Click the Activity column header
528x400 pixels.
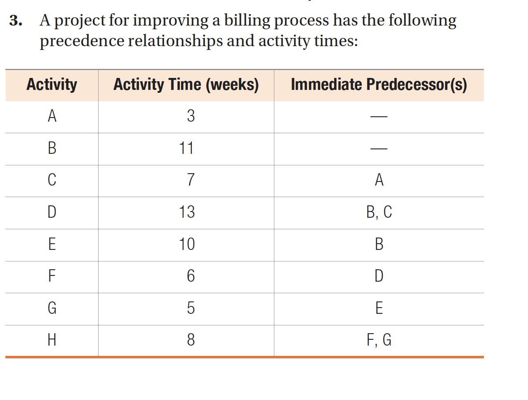[52, 85]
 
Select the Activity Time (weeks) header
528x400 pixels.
[186, 85]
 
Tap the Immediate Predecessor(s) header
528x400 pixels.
[379, 85]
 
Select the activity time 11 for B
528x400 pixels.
[186, 148]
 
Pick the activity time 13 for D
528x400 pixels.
[187, 212]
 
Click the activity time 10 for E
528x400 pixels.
[187, 244]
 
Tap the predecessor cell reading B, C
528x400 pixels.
[379, 212]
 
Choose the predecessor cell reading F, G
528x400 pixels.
[379, 340]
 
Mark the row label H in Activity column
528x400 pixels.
[52, 340]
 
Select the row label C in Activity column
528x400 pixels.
[52, 180]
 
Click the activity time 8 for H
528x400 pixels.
[191, 340]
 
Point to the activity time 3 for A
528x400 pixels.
[191, 116]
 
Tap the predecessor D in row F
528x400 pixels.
[379, 276]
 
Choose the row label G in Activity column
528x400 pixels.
[52, 308]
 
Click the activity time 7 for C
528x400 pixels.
[191, 180]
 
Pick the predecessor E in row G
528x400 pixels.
[379, 308]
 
